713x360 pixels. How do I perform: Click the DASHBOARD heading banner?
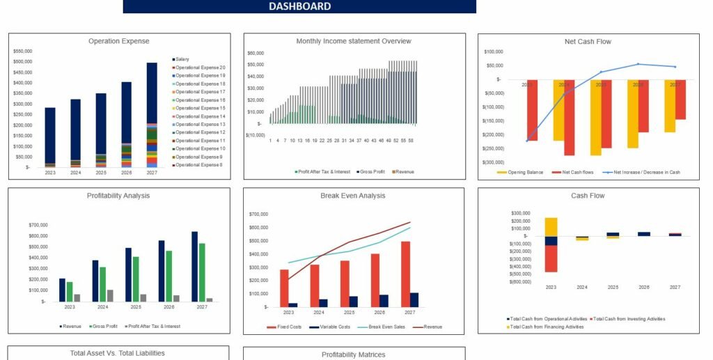299,6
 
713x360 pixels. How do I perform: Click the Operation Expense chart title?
118,41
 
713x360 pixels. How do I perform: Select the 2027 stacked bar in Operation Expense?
152,115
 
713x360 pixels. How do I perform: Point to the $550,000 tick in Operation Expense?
22,52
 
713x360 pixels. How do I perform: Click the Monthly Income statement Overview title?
354,41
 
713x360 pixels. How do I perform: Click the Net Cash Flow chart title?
588,41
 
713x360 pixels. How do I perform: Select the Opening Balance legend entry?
523,171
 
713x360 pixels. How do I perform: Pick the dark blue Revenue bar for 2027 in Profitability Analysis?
194,266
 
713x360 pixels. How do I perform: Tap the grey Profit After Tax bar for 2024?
110,295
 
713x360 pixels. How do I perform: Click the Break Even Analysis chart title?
352,196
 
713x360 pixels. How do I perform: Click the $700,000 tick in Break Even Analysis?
259,214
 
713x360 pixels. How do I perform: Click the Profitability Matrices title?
352,354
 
